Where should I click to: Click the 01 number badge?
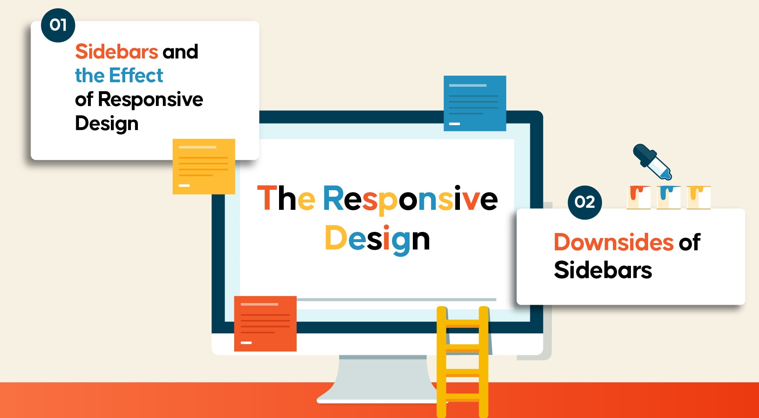(x=58, y=25)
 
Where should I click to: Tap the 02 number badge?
(x=585, y=202)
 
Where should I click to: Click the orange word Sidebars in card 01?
(x=117, y=52)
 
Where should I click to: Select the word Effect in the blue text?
(x=136, y=76)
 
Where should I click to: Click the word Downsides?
(x=613, y=242)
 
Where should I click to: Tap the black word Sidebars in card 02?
(x=603, y=270)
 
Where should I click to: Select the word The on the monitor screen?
(x=286, y=198)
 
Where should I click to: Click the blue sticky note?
(x=475, y=103)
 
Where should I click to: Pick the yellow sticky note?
(x=204, y=166)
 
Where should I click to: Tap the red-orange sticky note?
(x=265, y=324)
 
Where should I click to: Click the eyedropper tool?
(x=652, y=162)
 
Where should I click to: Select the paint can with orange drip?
(x=639, y=198)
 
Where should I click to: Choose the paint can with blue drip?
(x=669, y=198)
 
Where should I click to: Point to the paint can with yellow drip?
(x=698, y=198)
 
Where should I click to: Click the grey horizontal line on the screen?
(x=396, y=300)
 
